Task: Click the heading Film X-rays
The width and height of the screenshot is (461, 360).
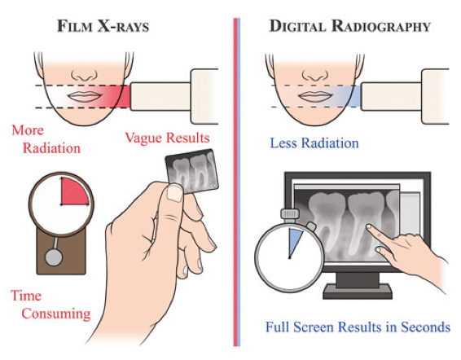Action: (103, 26)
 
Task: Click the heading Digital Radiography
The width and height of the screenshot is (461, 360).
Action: (350, 26)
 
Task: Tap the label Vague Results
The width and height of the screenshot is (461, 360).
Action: (167, 138)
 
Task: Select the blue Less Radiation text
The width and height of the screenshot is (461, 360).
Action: (314, 143)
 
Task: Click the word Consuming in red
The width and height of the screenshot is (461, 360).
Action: (56, 314)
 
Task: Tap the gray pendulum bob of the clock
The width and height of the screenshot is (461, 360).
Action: (54, 257)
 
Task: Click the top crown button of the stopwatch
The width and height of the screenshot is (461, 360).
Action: (290, 214)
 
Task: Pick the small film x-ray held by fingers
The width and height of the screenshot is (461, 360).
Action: (191, 170)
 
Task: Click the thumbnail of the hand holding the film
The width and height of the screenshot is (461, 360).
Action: (174, 193)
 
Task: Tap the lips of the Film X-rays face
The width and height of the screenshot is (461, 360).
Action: (84, 96)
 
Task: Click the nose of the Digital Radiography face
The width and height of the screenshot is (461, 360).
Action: (315, 75)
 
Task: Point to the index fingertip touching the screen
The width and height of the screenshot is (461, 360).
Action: (369, 227)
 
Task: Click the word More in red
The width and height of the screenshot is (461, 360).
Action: (28, 130)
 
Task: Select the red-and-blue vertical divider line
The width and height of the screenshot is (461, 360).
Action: (237, 182)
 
